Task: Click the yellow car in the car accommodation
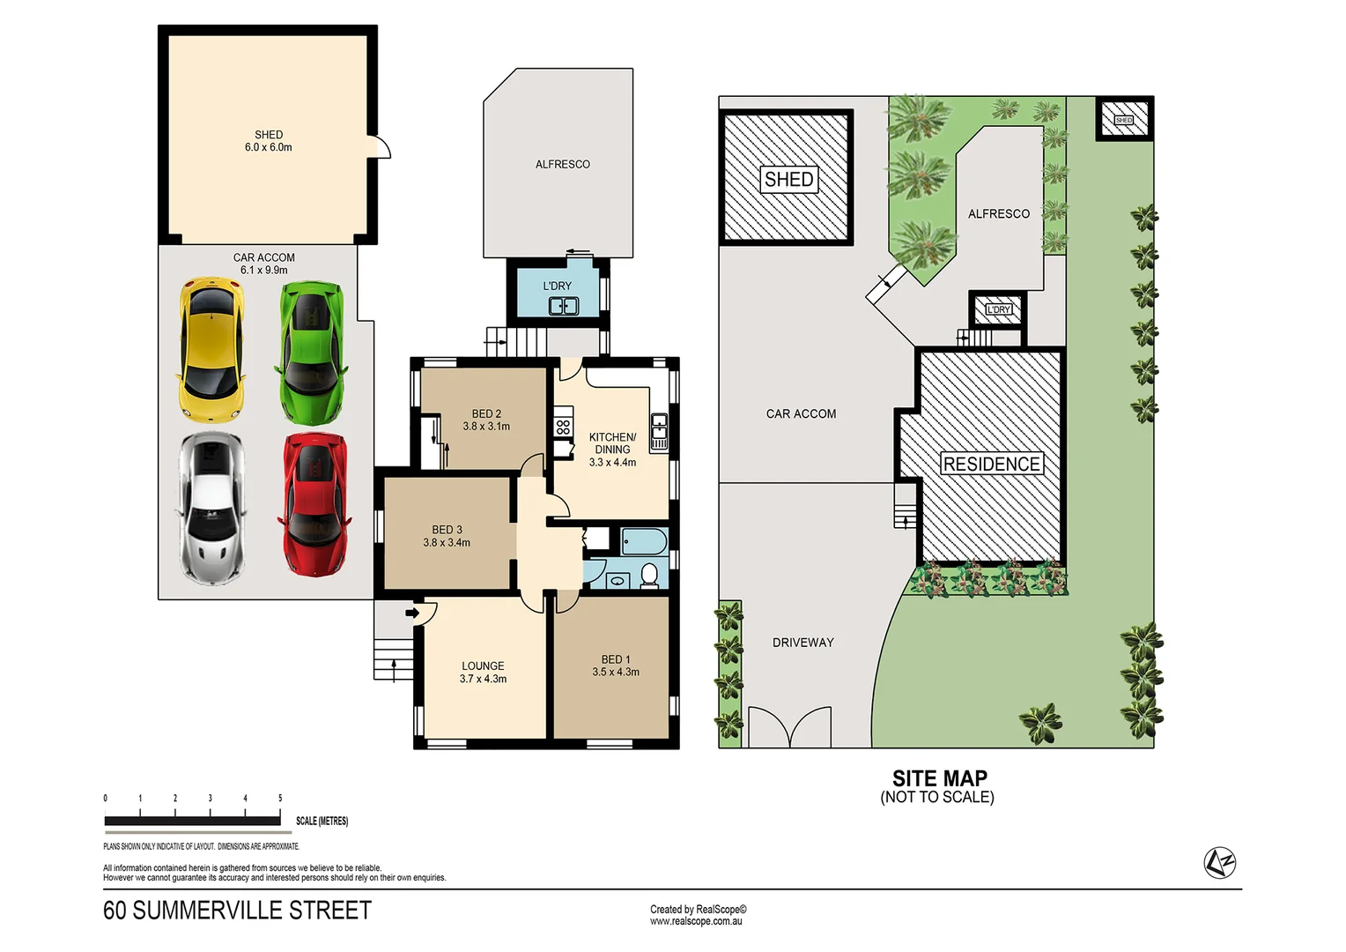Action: click(x=211, y=351)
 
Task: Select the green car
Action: click(x=312, y=352)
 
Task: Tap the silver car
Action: click(x=211, y=509)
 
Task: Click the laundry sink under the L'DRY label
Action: click(x=563, y=306)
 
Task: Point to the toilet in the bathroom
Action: click(x=649, y=576)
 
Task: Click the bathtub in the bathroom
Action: click(x=644, y=540)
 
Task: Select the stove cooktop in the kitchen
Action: click(x=563, y=428)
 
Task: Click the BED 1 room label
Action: click(x=616, y=659)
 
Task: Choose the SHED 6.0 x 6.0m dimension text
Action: click(x=269, y=147)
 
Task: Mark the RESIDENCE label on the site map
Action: click(x=992, y=465)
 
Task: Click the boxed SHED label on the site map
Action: click(x=789, y=180)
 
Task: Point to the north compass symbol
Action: click(x=1220, y=862)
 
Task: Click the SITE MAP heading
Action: click(x=939, y=778)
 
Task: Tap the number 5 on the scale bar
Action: click(x=280, y=799)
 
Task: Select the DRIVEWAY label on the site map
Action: click(x=802, y=643)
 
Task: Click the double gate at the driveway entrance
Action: click(x=789, y=727)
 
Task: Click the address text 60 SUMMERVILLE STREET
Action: click(x=237, y=911)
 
